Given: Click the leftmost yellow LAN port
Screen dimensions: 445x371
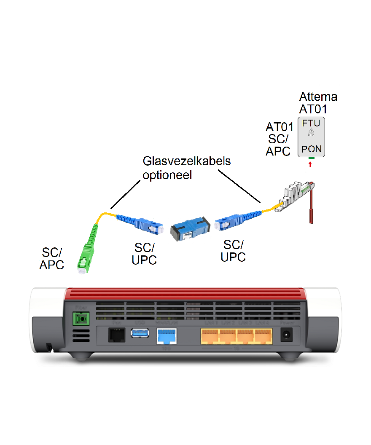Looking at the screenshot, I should pyautogui.click(x=210, y=336).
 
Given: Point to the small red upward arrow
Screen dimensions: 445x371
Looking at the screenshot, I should pyautogui.click(x=311, y=165).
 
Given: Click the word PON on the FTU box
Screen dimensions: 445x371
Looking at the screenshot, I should pyautogui.click(x=312, y=149).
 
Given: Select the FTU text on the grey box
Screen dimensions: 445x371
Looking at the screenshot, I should pyautogui.click(x=312, y=123).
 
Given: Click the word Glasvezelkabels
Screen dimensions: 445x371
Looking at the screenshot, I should pyautogui.click(x=187, y=161).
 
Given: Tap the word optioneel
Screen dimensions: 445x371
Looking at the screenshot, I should pyautogui.click(x=167, y=175).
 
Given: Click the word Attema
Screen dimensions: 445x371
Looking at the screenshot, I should pyautogui.click(x=318, y=97).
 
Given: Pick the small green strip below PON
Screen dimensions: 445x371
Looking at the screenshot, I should pyautogui.click(x=311, y=158).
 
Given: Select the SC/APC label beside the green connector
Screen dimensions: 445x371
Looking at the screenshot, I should pyautogui.click(x=52, y=258).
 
